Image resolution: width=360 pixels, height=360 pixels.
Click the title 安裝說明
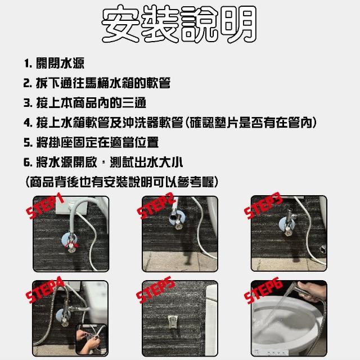tap(179, 24)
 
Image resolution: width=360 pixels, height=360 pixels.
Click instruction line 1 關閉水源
tap(54, 63)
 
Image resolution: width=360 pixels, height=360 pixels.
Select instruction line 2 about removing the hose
tap(97, 83)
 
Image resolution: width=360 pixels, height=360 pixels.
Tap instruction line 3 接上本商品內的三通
tap(85, 102)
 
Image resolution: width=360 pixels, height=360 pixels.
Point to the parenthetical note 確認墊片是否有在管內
tap(251, 123)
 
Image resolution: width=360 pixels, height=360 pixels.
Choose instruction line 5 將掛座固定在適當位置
tap(91, 142)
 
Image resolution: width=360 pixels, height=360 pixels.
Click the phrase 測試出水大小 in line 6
tap(146, 163)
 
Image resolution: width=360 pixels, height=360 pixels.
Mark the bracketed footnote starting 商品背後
tap(121, 182)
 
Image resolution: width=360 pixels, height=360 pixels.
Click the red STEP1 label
tap(45, 205)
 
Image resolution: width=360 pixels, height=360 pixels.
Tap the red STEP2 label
tap(156, 206)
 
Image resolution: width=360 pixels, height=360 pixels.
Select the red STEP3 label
tap(263, 205)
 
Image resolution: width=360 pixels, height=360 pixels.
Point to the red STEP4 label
tap(44, 290)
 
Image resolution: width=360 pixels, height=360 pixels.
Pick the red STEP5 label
tap(155, 290)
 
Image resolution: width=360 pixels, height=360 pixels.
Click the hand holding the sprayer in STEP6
tap(312, 291)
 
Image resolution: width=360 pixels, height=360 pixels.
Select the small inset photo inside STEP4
tap(91, 339)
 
